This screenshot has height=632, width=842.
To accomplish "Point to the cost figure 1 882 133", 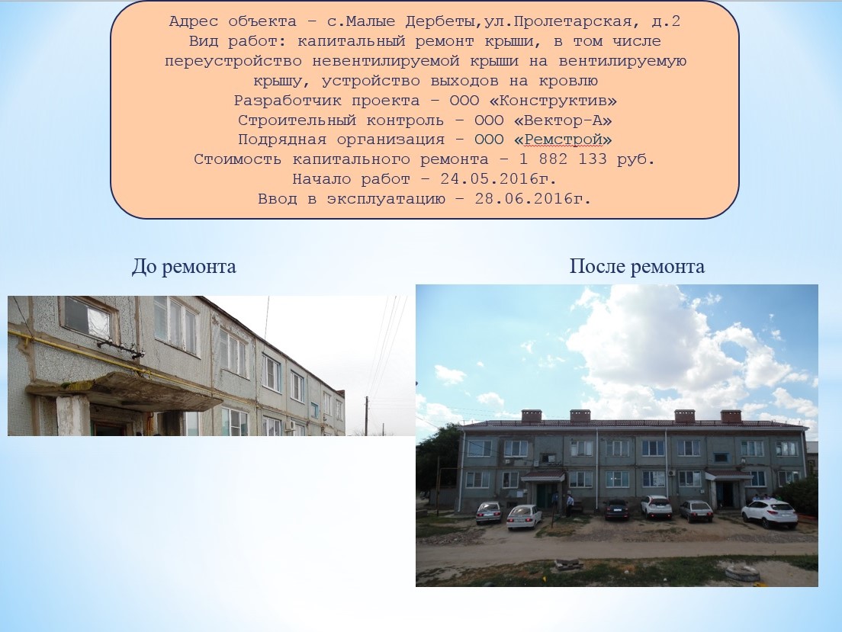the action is pos(562,159).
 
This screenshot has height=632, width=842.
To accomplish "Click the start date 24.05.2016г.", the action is pos(498,179).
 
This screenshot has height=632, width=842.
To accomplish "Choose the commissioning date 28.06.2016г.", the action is pos(532,199).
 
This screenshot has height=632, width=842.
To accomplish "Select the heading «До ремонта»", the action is pos(184,266).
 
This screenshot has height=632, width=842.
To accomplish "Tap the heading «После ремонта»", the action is pos(637,266).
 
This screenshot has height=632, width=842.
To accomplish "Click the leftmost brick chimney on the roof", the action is pos(532,415).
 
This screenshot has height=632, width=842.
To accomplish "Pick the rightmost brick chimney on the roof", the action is pos(731,416).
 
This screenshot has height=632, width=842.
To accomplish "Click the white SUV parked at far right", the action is pos(769,513).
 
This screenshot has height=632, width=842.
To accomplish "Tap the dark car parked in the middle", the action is pos(616,509).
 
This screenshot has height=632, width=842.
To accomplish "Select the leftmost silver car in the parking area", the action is pos(489,513).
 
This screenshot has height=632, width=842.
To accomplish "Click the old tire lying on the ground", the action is pos(742,573).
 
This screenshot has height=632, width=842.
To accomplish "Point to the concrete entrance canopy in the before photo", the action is pos(124,391).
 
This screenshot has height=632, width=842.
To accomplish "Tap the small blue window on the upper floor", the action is pos(721,457).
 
